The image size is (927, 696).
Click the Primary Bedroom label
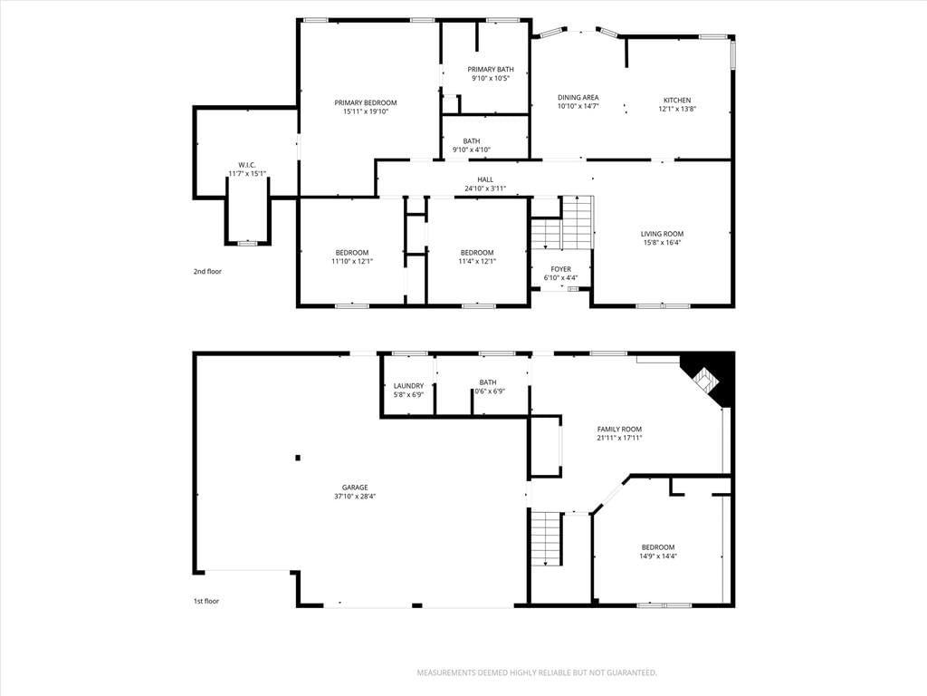tap(366, 103)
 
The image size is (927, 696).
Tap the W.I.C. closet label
tap(247, 165)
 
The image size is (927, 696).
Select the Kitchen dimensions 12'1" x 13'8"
tap(677, 109)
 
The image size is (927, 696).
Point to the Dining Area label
tap(578, 98)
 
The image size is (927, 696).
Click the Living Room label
tap(662, 234)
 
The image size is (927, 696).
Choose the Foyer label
tap(560, 269)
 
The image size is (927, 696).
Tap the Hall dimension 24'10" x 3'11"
tap(485, 188)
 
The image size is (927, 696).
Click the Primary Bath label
tap(491, 69)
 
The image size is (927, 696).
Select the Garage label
tap(355, 488)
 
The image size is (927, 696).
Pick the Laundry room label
tap(408, 386)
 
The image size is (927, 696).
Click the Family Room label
tap(619, 429)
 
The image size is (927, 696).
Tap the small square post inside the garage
tap(298, 457)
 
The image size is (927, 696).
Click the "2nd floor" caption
tap(207, 272)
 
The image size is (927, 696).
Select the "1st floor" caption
tap(206, 602)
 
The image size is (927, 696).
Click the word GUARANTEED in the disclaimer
tap(634, 673)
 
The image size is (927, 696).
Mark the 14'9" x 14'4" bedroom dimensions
tap(658, 556)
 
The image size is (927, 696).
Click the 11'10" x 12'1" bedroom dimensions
tap(352, 261)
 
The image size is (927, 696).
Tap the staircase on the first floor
tap(546, 538)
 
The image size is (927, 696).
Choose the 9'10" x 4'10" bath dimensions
tap(471, 150)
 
